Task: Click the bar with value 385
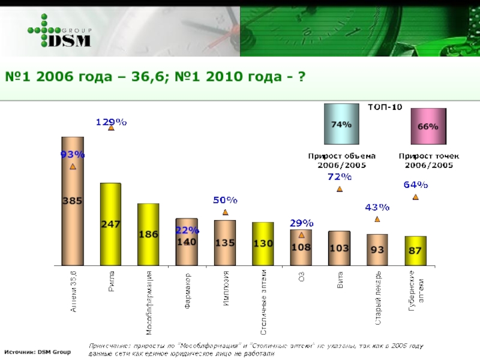point(73,201)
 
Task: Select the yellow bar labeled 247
point(110,224)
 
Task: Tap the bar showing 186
point(148,234)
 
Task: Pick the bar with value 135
point(224,242)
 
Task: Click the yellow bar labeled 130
point(262,244)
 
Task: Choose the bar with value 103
point(339,247)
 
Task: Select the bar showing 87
point(415,250)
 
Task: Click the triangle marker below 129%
point(111,127)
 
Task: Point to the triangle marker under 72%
point(340,189)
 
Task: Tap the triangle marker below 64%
point(415,196)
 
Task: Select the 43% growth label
point(377,208)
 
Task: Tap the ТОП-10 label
point(384,107)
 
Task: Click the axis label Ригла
point(112,281)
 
